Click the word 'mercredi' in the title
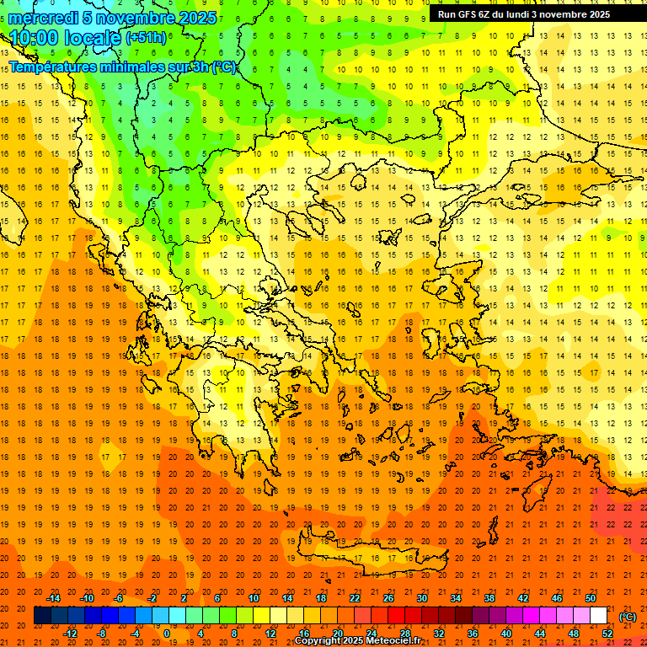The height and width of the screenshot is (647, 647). pos(43,18)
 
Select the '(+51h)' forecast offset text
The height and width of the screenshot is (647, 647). pos(146,38)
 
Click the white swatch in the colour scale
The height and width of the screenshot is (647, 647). pos(598,616)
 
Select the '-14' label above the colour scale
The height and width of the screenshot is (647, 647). pos(53,598)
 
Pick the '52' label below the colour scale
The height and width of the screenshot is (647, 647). pos(607,634)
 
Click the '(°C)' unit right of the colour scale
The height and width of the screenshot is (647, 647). pos(628,616)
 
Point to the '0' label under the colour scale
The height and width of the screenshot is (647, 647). pos(167,634)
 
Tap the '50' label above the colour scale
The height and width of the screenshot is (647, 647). pos(591,598)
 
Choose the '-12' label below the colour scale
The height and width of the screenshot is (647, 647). pos(70,634)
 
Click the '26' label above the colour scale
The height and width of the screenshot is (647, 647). pos(388,598)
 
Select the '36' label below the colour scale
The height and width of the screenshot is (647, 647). pos(473,634)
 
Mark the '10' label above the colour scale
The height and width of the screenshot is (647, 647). pos(253,598)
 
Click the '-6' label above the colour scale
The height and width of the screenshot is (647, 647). pos(120,598)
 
